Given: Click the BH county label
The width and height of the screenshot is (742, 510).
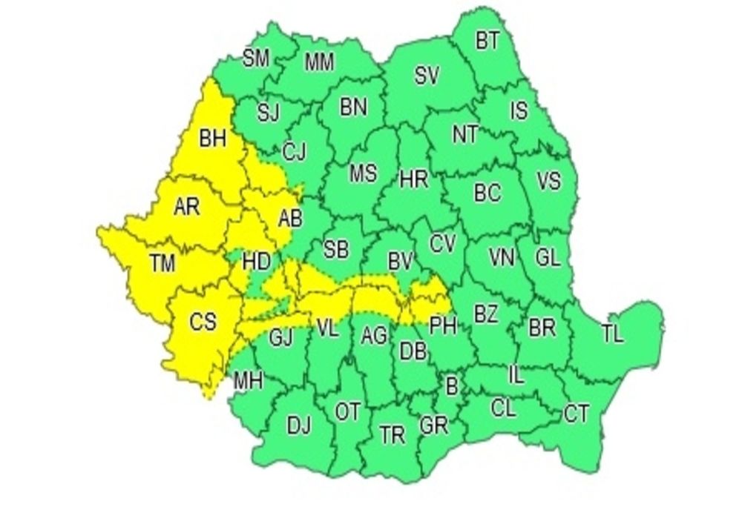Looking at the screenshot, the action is pyautogui.click(x=212, y=139).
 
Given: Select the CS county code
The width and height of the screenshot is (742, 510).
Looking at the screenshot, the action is pyautogui.click(x=203, y=322).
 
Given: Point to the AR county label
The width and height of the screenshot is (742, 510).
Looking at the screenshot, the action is pyautogui.click(x=186, y=207).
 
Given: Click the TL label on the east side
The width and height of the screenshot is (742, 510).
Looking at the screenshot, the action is pyautogui.click(x=612, y=335).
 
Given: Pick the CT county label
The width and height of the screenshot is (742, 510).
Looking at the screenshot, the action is pyautogui.click(x=577, y=413).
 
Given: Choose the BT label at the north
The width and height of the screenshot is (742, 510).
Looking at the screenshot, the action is pyautogui.click(x=487, y=41).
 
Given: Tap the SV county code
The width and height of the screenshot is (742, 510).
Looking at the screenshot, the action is pyautogui.click(x=426, y=75).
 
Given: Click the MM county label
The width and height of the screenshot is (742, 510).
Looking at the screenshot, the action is pyautogui.click(x=320, y=63).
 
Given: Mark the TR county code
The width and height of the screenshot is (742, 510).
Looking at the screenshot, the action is pyautogui.click(x=393, y=434).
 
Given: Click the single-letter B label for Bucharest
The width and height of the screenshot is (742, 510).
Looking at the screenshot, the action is pyautogui.click(x=450, y=384).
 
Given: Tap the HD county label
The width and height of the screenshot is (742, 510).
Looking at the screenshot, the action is pyautogui.click(x=257, y=261).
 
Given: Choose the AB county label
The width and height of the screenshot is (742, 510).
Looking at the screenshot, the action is pyautogui.click(x=289, y=219).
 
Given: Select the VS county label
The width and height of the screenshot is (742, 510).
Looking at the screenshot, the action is pyautogui.click(x=548, y=181).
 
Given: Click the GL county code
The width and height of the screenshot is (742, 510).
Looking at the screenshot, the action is pyautogui.click(x=548, y=257).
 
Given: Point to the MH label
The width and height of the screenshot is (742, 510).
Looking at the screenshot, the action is pyautogui.click(x=248, y=381).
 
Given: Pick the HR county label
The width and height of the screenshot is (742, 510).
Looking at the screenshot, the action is pyautogui.click(x=414, y=179).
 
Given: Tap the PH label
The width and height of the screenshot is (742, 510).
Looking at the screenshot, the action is pyautogui.click(x=443, y=323).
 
